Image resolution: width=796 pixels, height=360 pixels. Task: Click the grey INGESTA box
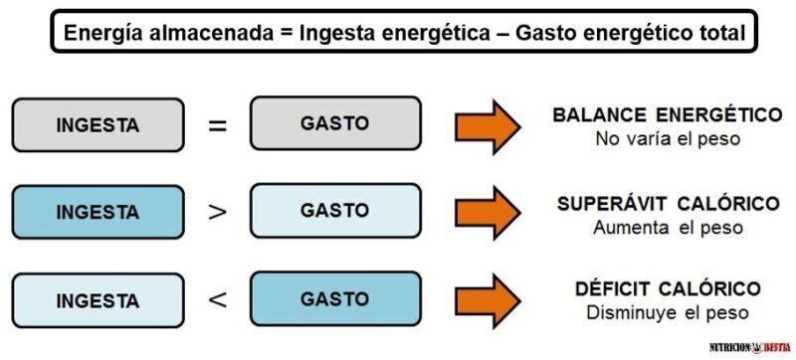coord(98,124)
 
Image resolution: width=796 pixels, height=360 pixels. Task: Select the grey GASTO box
coord(335,123)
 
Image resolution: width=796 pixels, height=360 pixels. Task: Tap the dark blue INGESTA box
coord(98,212)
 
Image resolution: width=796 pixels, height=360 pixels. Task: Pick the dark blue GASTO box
coord(335,298)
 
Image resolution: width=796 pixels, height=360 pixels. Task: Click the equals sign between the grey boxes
coord(217,125)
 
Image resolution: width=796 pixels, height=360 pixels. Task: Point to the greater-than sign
coord(217,212)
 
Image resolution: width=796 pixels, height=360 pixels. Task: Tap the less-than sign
coord(217,300)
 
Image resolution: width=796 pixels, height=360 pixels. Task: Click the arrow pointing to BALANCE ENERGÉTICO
coord(488,126)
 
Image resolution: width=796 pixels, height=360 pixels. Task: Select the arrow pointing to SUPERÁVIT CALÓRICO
coord(488,213)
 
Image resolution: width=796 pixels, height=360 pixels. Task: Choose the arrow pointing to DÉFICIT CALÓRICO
coord(488,301)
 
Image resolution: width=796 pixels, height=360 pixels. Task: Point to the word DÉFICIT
coord(612,289)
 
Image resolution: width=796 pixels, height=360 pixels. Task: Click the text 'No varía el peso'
coord(668,139)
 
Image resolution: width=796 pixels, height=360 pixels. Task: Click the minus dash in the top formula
coord(502,35)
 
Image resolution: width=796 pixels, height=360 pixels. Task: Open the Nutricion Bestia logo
coord(750,348)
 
